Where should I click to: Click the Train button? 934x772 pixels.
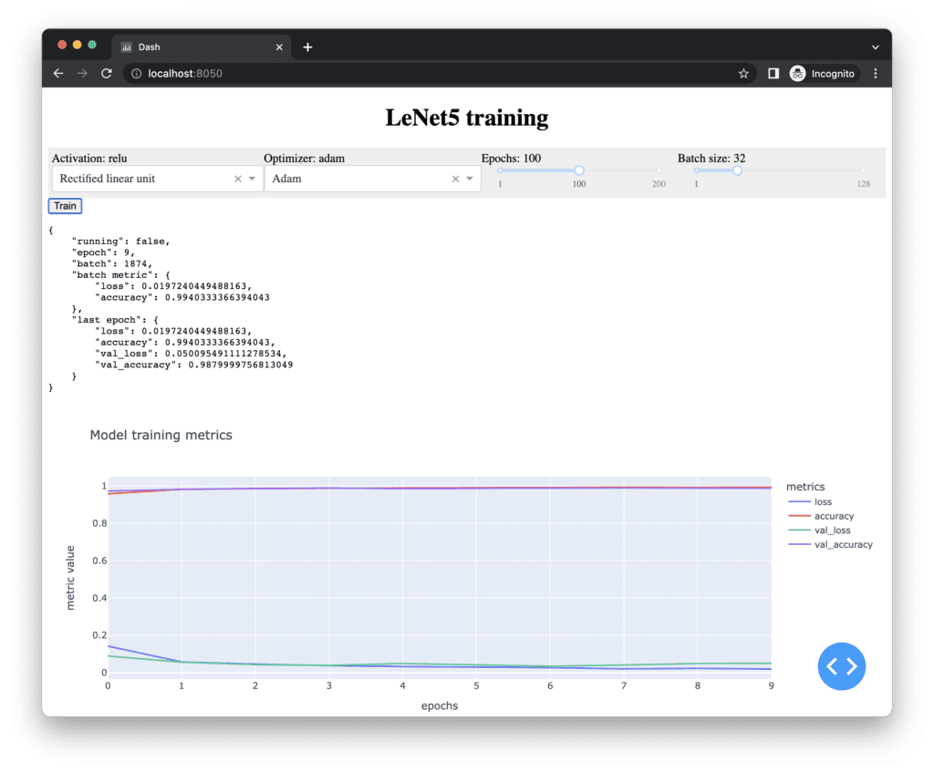point(65,206)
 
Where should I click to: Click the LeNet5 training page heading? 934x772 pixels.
point(466,118)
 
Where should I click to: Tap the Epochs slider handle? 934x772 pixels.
point(579,170)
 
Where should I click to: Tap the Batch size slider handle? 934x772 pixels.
point(737,170)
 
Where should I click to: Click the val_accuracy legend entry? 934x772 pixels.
point(843,544)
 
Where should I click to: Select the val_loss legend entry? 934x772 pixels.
point(832,530)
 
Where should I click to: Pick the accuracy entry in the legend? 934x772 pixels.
point(834,516)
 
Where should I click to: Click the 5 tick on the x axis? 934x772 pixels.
point(476,685)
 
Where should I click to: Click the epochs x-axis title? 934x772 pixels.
point(439,705)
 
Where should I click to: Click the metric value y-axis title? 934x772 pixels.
point(70,577)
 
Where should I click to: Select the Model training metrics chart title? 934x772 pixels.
point(161,435)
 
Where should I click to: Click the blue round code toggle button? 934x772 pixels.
point(841,666)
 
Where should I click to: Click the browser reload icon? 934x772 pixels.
point(107,73)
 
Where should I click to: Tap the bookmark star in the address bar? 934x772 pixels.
point(743,73)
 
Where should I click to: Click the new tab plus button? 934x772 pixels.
point(307,47)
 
